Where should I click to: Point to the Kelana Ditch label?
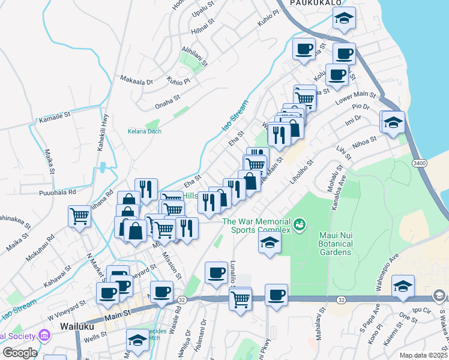(x=144, y=131)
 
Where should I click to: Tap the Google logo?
(x=20, y=353)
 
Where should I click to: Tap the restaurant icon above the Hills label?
(x=146, y=190)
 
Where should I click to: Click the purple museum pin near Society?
(x=44, y=335)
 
